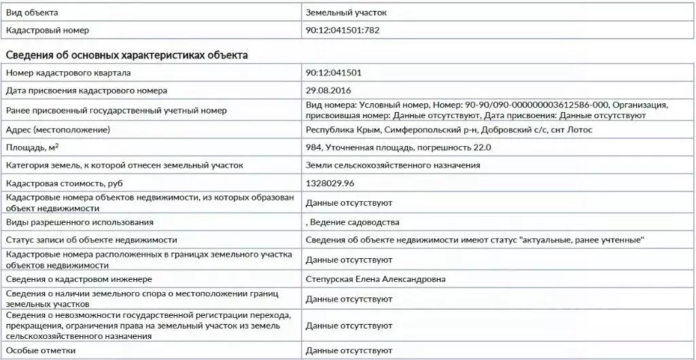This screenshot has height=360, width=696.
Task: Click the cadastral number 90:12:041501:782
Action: pos(347,31)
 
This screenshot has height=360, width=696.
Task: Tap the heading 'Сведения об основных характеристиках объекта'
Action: pos(126,55)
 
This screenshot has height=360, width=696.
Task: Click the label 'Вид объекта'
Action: pos(32,13)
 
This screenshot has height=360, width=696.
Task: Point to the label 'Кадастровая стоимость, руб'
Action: pos(65,184)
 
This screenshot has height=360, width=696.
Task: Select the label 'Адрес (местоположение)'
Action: pos(58,129)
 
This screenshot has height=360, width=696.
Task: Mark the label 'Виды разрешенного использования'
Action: pos(80,222)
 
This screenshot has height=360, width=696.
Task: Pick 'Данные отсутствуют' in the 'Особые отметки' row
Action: pos(349,350)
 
